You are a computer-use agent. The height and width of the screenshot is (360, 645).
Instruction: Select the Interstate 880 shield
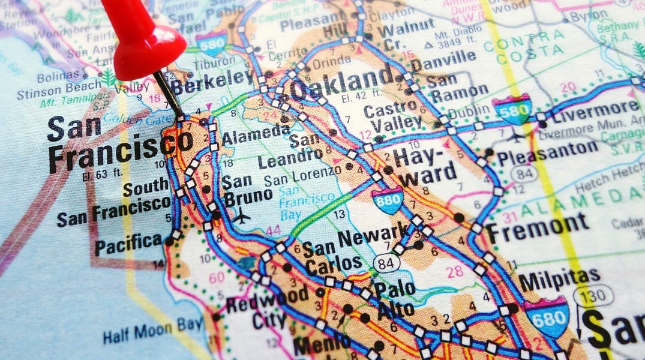387,200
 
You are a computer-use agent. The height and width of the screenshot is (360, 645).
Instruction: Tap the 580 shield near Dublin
512,109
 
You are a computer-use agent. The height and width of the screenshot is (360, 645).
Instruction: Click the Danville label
443,59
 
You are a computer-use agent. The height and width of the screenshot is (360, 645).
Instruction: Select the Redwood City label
267,306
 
